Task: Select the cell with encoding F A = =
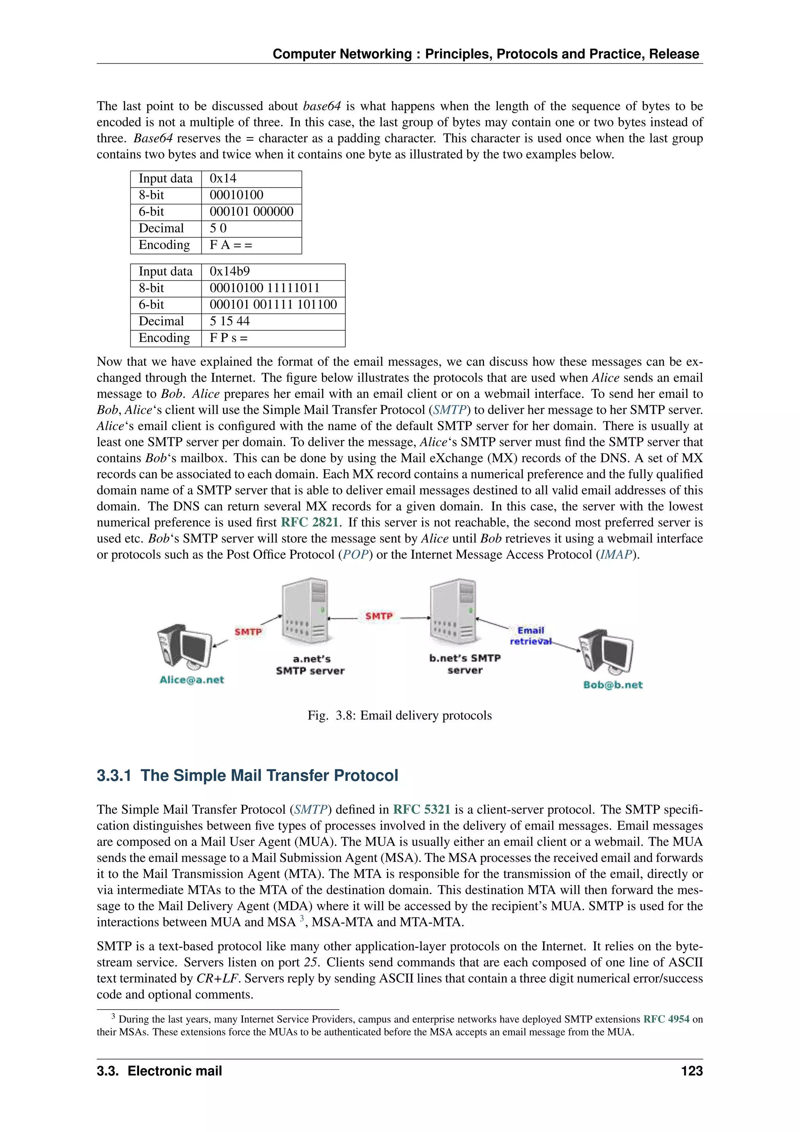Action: [x=251, y=245]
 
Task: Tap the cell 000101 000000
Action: [x=251, y=212]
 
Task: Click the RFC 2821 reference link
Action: [x=309, y=523]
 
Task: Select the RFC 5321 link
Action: [x=421, y=810]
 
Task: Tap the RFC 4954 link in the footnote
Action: [x=666, y=1019]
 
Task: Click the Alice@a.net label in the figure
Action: [x=192, y=680]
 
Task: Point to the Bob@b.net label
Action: [x=613, y=685]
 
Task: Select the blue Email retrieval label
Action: [x=530, y=636]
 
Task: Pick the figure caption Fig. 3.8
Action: [x=400, y=716]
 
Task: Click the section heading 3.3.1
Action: [x=247, y=776]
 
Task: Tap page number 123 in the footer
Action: [x=692, y=1071]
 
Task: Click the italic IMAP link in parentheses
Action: [x=616, y=555]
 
